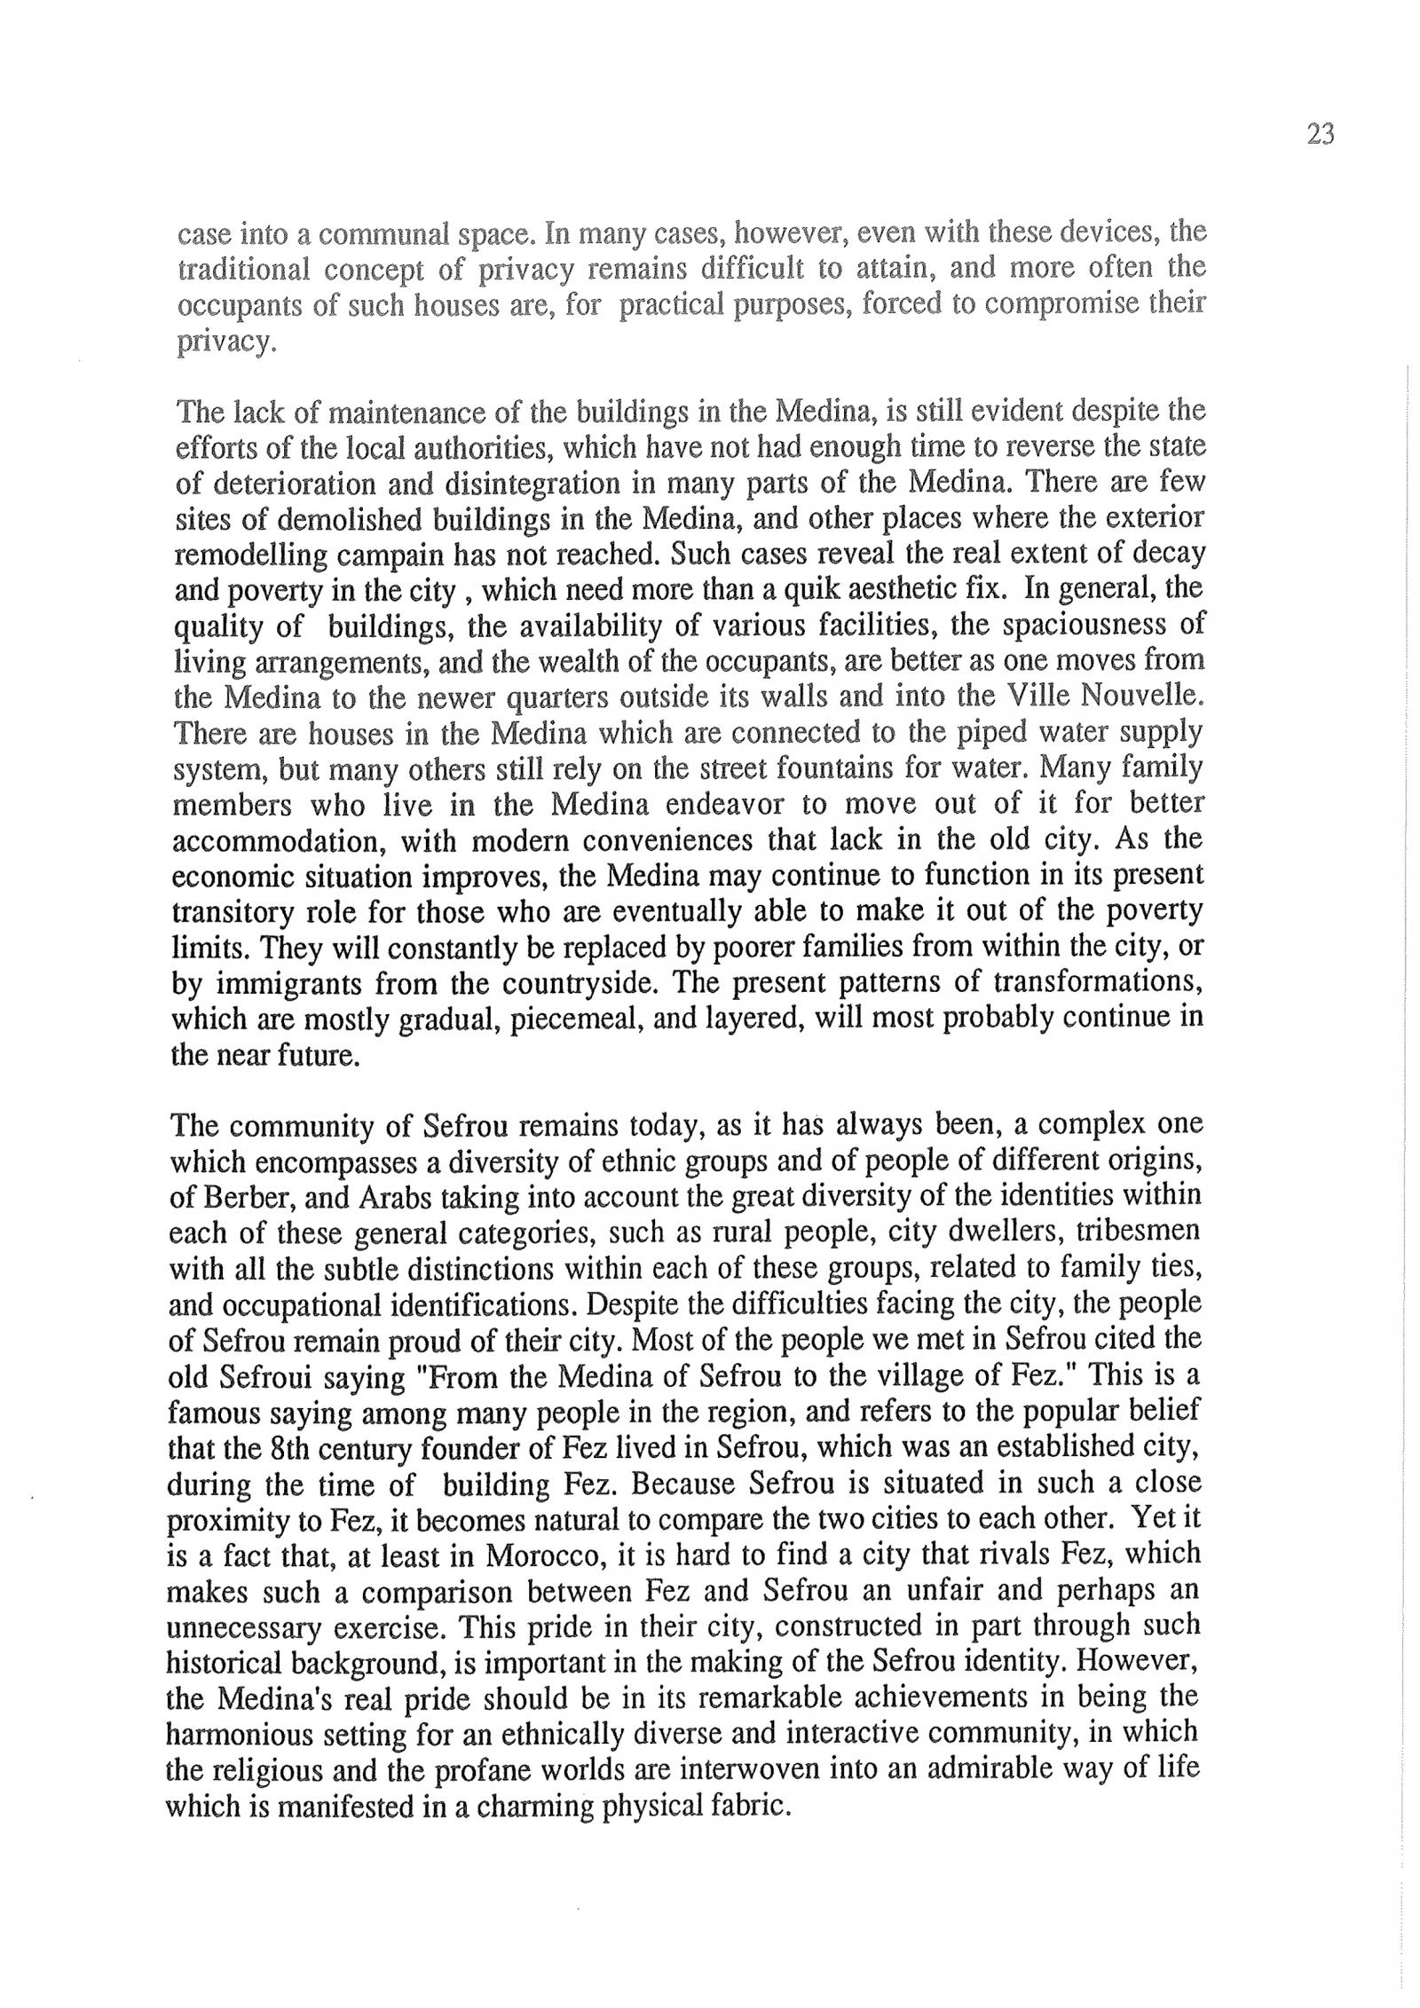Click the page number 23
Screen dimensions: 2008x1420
(1320, 135)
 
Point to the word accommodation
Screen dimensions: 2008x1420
(279, 840)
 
